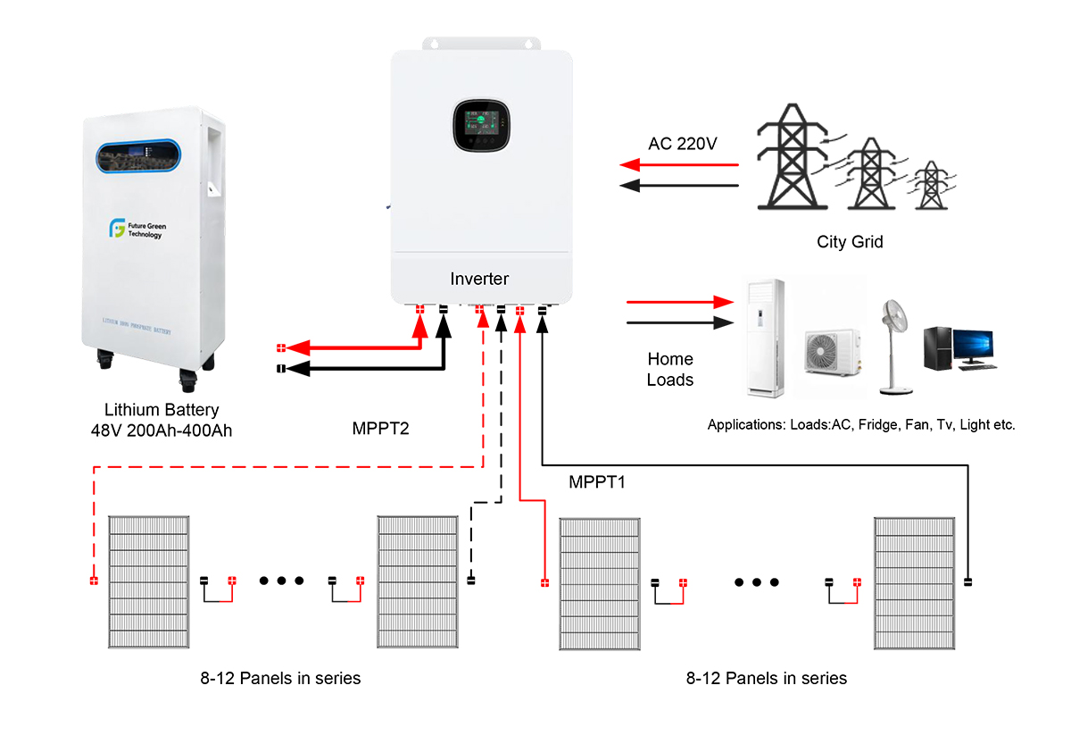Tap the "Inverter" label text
pyautogui.click(x=479, y=280)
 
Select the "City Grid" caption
pyautogui.click(x=850, y=242)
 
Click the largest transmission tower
pyautogui.click(x=790, y=156)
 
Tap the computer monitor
pyautogui.click(x=972, y=345)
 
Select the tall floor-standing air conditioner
pyautogui.click(x=765, y=338)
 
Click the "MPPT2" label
pyautogui.click(x=380, y=428)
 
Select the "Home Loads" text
pyautogui.click(x=669, y=369)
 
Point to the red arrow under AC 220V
pyautogui.click(x=679, y=165)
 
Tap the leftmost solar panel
pyautogui.click(x=148, y=582)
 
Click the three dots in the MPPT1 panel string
pyautogui.click(x=757, y=582)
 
